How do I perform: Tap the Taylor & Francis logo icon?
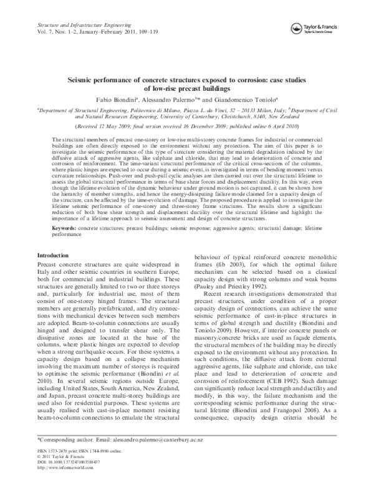click(x=297, y=27)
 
